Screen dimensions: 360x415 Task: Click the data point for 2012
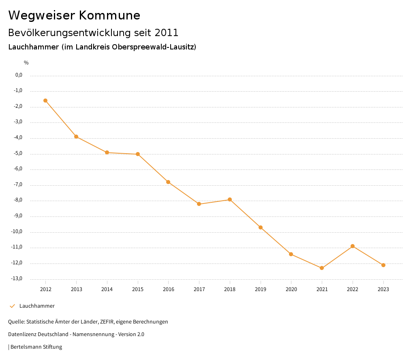tap(45, 101)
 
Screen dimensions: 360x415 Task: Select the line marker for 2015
tap(138, 154)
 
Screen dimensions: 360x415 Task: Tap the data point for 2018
tap(230, 199)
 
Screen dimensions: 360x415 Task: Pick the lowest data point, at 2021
tap(322, 268)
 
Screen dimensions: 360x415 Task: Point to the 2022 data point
tap(353, 246)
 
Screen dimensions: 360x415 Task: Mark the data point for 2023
tap(383, 265)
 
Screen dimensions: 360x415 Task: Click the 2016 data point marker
tap(168, 182)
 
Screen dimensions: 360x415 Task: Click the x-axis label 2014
tap(107, 289)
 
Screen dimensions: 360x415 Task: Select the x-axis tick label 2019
tap(261, 289)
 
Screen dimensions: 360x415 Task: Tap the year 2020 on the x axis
tap(291, 289)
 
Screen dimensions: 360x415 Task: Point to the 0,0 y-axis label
tap(19, 75)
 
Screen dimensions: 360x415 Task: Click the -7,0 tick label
tap(18, 184)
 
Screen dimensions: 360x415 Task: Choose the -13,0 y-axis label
tap(17, 279)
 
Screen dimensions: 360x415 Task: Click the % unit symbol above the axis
tap(26, 62)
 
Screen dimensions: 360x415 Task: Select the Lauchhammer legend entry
tap(37, 306)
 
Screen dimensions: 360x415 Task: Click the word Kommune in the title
tap(109, 15)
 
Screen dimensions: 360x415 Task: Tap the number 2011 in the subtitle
tap(167, 32)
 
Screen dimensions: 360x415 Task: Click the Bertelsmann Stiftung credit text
tap(36, 347)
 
